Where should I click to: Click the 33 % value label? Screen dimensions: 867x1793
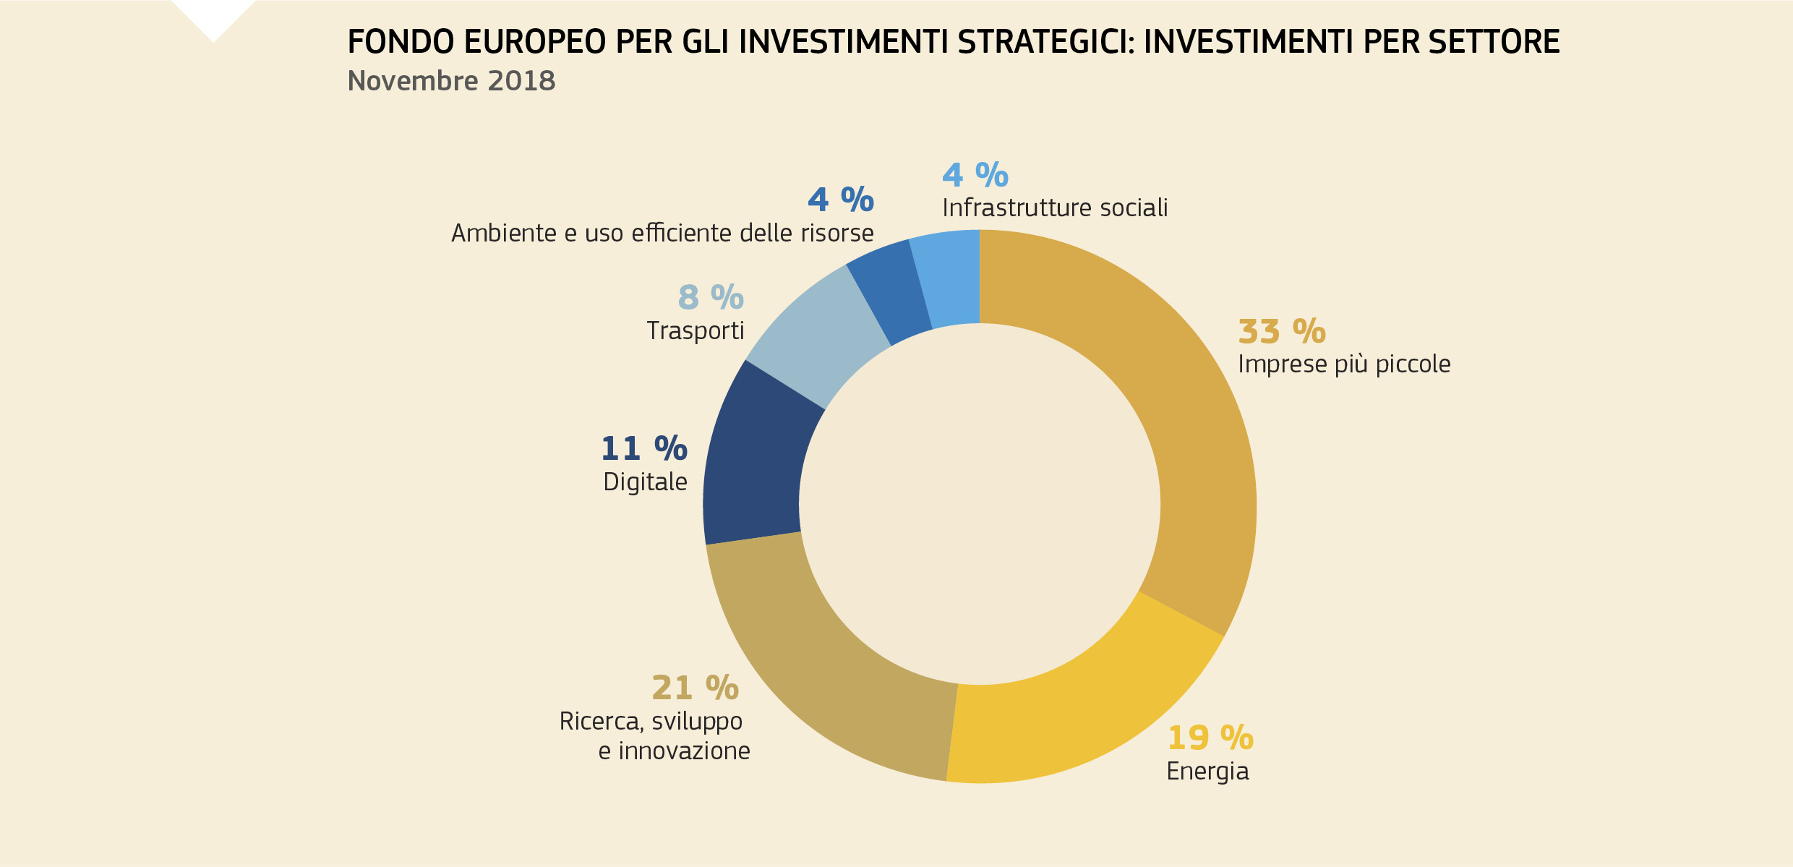pos(1281,332)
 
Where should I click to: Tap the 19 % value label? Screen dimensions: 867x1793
pos(1210,738)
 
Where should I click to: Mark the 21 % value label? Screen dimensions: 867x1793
pos(695,688)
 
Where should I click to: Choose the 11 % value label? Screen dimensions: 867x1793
pos(643,449)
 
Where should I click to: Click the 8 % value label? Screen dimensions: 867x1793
pos(710,297)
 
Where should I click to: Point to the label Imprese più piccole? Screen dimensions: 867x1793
pos(1343,364)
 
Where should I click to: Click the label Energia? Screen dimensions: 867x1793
pos(1207,772)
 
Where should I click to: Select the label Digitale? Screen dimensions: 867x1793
pos(645,482)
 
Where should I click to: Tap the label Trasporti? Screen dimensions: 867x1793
pos(695,331)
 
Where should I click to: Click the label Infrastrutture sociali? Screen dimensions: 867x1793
pos(1054,208)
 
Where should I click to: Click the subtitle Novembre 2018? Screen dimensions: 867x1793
pos(451,81)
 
